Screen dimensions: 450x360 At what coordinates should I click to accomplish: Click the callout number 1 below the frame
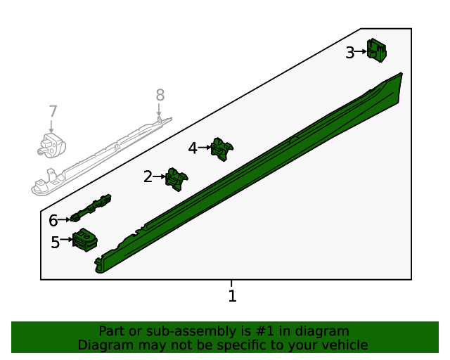(233, 296)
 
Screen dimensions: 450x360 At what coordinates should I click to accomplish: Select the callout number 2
(148, 176)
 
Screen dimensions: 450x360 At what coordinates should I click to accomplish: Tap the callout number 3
(350, 53)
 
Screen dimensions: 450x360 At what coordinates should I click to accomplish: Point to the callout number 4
(193, 148)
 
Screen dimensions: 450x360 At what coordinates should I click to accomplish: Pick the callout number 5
(55, 242)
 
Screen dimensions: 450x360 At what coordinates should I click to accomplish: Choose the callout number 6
(53, 221)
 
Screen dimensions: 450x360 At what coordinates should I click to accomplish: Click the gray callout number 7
(53, 111)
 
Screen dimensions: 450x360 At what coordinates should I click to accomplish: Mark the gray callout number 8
(160, 95)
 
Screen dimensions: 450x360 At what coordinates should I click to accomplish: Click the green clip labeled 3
(377, 50)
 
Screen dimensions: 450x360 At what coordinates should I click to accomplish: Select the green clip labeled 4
(221, 149)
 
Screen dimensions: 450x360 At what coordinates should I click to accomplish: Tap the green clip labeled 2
(176, 179)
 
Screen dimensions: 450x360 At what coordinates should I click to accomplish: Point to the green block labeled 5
(84, 240)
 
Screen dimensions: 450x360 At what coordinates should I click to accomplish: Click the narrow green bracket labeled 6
(91, 208)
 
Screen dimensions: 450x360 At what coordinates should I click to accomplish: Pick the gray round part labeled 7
(51, 146)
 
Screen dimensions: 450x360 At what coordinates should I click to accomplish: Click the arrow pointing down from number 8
(159, 110)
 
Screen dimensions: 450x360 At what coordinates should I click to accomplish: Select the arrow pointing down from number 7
(51, 127)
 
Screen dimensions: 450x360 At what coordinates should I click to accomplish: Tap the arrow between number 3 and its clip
(361, 51)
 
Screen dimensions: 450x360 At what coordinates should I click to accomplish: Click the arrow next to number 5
(66, 239)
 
